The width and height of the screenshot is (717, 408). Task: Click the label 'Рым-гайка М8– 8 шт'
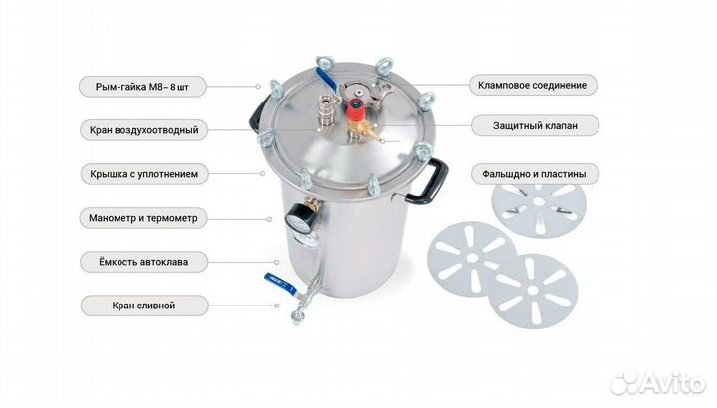[x=142, y=87]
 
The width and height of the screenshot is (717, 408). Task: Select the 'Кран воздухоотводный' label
[x=144, y=130]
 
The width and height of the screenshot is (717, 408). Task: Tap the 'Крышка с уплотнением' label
[x=144, y=174]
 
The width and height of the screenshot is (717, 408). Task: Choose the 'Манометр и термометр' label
[x=143, y=218]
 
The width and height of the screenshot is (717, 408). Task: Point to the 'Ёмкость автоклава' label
[x=143, y=262]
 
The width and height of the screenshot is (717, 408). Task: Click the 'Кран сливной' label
[x=144, y=306]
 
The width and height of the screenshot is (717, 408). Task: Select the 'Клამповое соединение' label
[x=533, y=85]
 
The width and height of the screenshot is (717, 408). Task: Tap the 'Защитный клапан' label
[x=535, y=125]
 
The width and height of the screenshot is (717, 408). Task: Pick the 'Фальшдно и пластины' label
[x=535, y=174]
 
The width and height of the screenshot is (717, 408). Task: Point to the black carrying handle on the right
[x=430, y=180]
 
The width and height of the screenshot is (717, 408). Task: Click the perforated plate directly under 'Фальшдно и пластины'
[x=539, y=210]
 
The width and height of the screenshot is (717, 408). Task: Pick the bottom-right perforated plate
[x=532, y=291]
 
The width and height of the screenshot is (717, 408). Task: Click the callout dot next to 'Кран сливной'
[x=276, y=306]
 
